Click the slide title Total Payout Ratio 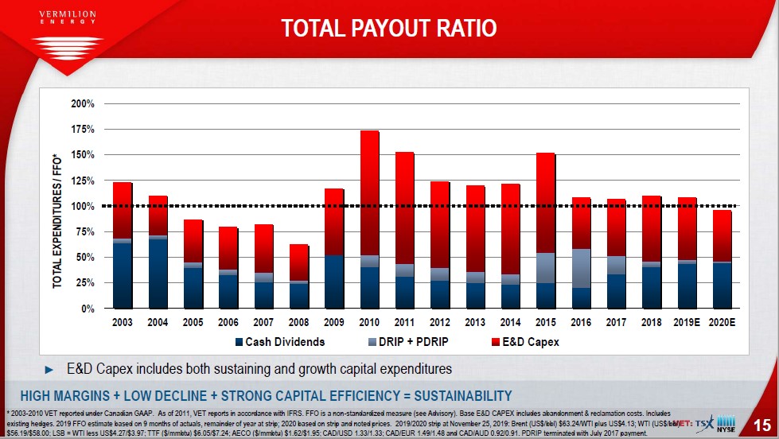point(389,29)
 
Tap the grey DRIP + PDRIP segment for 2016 point(582,268)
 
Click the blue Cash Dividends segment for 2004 point(158,273)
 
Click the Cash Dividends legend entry point(279,343)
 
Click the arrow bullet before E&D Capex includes point(50,369)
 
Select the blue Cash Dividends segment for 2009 point(334,282)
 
